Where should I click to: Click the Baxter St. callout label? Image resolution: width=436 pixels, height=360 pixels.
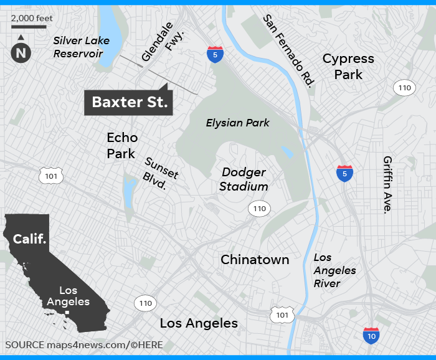pyautogui.click(x=130, y=103)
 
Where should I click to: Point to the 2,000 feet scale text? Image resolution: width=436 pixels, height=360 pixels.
pyautogui.click(x=32, y=18)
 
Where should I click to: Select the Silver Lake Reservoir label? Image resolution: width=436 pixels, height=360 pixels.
pyautogui.click(x=81, y=47)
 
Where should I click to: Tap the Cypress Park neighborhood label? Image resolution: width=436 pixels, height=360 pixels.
pyautogui.click(x=348, y=67)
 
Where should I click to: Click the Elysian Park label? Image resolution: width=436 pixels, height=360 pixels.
pyautogui.click(x=238, y=123)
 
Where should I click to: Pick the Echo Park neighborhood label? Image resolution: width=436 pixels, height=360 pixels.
pyautogui.click(x=121, y=145)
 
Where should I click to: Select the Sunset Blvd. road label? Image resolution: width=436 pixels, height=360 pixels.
pyautogui.click(x=160, y=173)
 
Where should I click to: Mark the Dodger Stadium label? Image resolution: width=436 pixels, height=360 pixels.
pyautogui.click(x=245, y=179)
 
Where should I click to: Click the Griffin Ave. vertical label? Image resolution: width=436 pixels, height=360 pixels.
pyautogui.click(x=389, y=184)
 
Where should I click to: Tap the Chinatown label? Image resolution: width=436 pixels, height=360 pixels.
pyautogui.click(x=255, y=260)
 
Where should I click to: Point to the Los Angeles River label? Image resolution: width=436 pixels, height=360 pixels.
pyautogui.click(x=334, y=270)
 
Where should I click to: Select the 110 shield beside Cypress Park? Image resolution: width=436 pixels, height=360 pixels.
pyautogui.click(x=404, y=88)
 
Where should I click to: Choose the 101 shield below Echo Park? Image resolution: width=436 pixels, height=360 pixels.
pyautogui.click(x=50, y=176)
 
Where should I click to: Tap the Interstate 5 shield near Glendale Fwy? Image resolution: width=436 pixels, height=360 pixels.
pyautogui.click(x=216, y=54)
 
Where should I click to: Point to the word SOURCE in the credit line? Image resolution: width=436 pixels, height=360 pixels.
pyautogui.click(x=24, y=344)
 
